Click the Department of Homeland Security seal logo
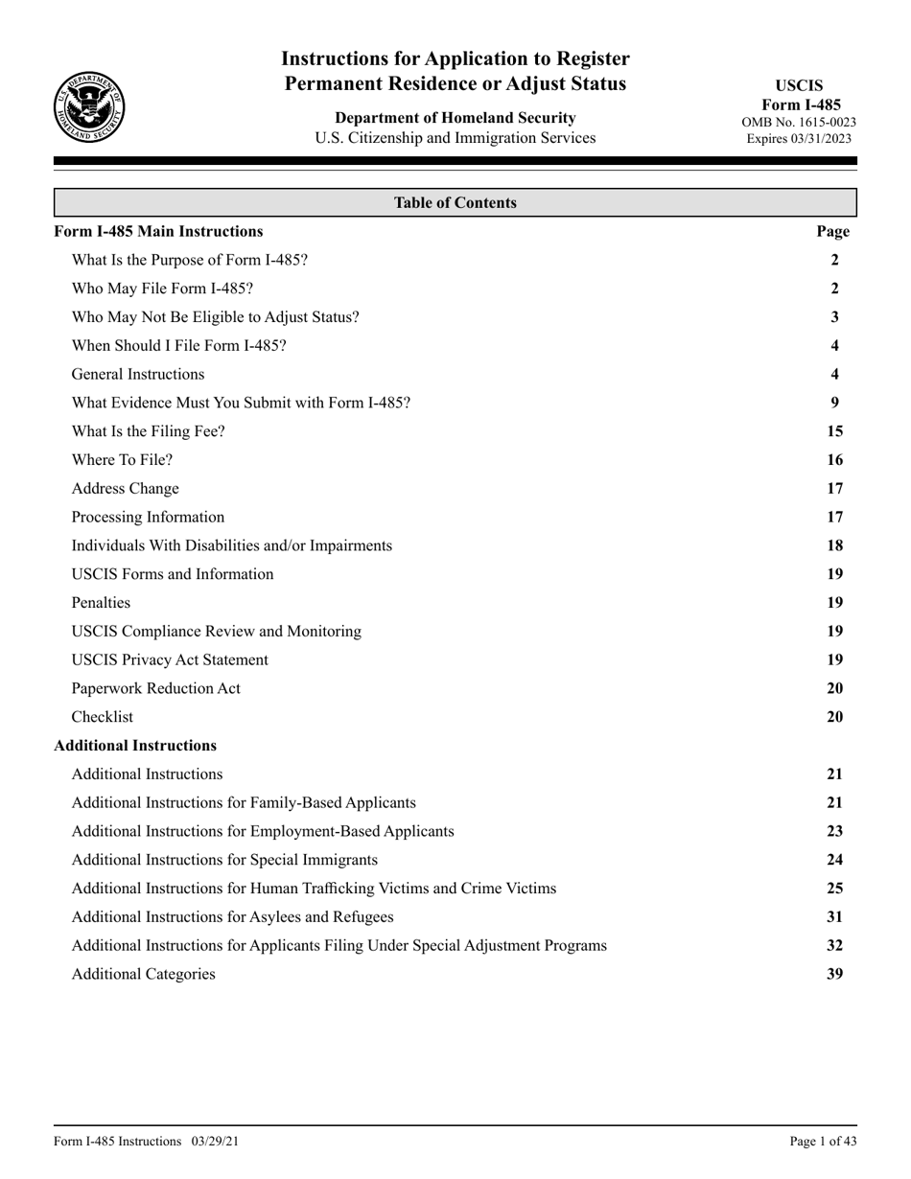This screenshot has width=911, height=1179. (88, 107)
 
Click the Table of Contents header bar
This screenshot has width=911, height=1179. (455, 203)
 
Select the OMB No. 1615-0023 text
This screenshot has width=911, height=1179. (799, 122)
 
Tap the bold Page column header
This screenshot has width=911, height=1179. (832, 231)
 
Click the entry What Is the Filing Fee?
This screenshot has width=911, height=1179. (149, 431)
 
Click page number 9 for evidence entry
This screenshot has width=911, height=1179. (835, 403)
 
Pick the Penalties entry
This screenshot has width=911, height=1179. (101, 603)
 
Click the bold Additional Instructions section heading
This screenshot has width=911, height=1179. (135, 745)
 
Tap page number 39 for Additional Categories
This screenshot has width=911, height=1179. (835, 974)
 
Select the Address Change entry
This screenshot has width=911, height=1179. (126, 489)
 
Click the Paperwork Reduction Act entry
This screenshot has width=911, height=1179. (156, 688)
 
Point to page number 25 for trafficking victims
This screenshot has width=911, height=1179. (835, 889)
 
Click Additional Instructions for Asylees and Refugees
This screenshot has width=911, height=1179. (233, 917)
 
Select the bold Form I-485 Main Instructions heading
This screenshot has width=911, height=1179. (158, 231)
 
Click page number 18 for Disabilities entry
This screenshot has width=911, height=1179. (835, 545)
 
